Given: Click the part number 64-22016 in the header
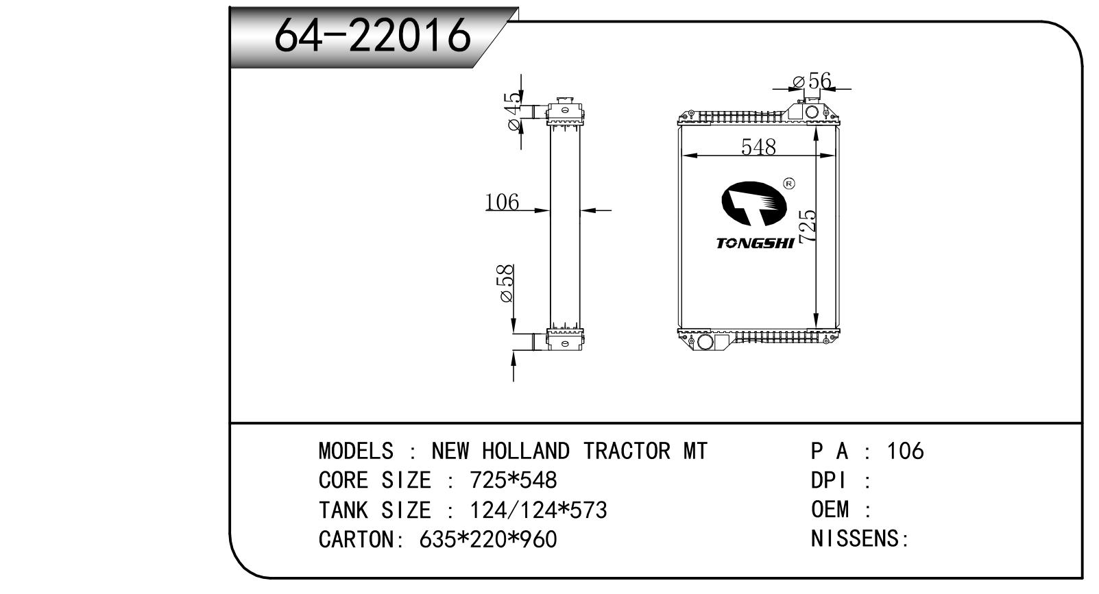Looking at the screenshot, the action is (x=372, y=36).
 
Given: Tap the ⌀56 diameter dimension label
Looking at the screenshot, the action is (x=812, y=81).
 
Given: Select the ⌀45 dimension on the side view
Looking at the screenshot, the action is (x=513, y=112).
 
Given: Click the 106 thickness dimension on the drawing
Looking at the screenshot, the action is (x=502, y=201).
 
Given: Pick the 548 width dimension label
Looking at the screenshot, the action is (x=758, y=147).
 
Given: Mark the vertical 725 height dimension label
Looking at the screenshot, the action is (x=808, y=226).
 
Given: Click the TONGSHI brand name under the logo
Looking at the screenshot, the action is (x=755, y=243).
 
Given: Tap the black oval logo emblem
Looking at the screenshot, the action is (x=754, y=203).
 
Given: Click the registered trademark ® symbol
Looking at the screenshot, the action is (x=789, y=184).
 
